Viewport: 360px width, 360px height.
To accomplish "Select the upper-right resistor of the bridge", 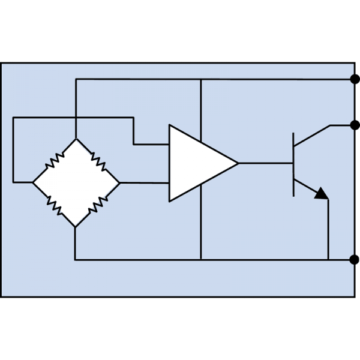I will [97, 160].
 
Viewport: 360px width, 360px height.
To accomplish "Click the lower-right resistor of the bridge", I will [97, 205].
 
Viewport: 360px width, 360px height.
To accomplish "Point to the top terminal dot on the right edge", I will [355, 79].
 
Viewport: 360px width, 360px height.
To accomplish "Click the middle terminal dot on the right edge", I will [355, 125].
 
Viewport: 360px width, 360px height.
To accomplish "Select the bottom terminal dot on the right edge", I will [355, 259].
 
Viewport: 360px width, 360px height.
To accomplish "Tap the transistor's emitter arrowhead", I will [322, 194].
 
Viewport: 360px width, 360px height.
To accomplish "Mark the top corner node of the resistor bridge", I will [76, 139].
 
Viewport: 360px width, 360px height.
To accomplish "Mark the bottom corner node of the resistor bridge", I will [76, 227].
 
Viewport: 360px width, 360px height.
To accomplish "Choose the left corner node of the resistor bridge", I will [32, 182].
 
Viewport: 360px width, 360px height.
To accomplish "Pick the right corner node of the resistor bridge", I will [119, 182].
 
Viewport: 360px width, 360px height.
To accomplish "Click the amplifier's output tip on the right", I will [237, 163].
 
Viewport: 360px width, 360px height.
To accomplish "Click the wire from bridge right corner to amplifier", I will [144, 182].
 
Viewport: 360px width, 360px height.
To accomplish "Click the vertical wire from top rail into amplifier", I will [200, 108].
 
